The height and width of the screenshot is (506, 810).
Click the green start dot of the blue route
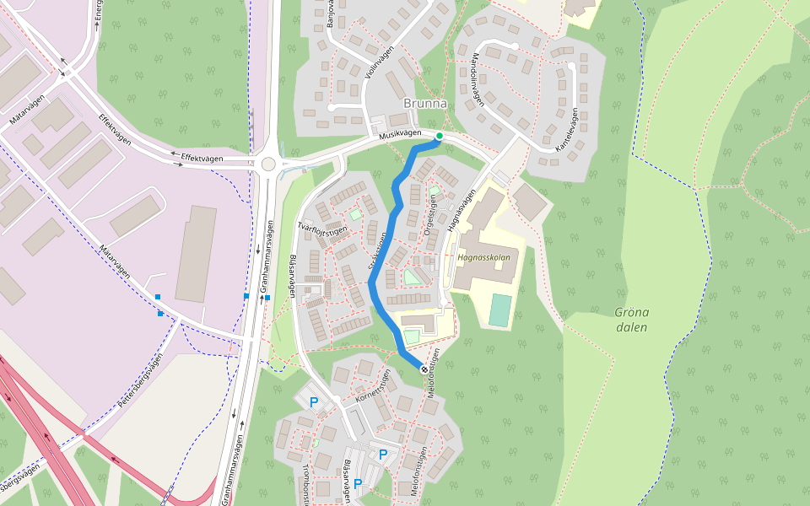coord(439,135)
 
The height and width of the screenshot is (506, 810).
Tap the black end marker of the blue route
coord(424,369)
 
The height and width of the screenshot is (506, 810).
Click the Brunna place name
coord(425,104)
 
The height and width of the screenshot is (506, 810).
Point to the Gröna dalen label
coord(631,320)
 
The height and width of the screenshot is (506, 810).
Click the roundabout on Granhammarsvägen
coord(268,164)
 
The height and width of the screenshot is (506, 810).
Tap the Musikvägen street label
coord(400,135)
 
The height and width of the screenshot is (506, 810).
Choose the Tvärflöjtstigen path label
coord(323,229)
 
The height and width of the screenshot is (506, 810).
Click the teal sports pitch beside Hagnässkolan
coord(499,310)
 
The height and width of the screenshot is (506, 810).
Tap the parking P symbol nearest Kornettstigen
coord(314,402)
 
